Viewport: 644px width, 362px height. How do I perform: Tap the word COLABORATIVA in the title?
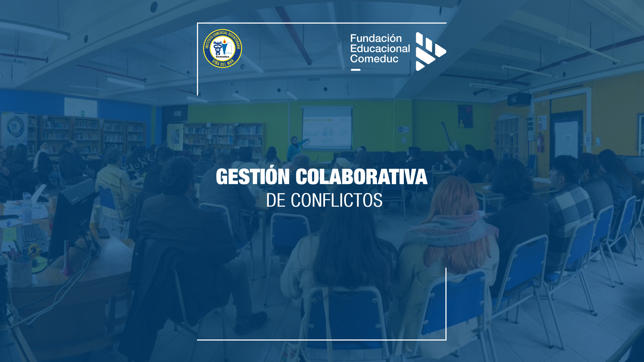(361, 177)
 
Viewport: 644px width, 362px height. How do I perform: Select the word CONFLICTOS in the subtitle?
(337, 200)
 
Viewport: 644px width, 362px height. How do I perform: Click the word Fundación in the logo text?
(376, 38)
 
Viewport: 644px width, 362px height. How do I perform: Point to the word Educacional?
(380, 49)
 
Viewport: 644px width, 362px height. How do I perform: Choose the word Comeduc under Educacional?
(374, 59)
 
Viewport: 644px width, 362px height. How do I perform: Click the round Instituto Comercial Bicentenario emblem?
(222, 49)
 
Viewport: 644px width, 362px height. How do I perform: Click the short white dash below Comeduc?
(356, 70)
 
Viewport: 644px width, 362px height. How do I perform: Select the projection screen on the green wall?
(327, 128)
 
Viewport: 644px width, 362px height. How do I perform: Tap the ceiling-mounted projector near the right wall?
(519, 99)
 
